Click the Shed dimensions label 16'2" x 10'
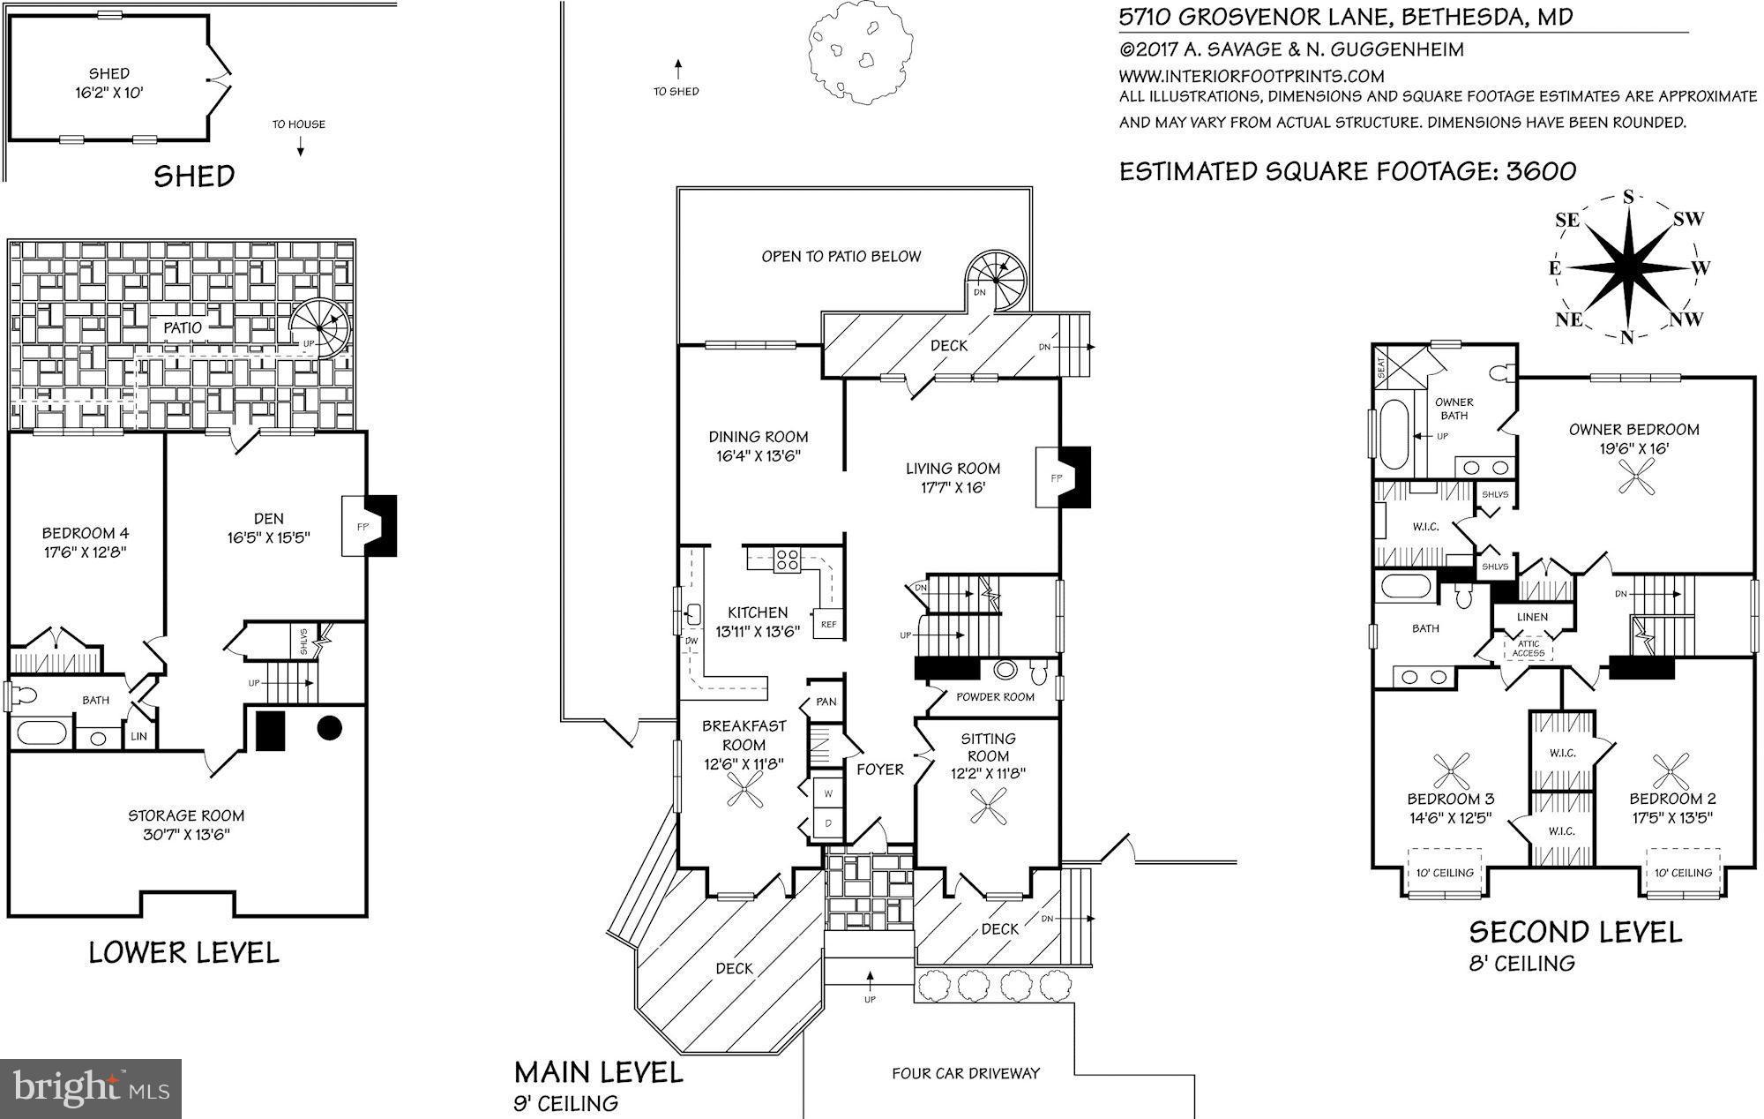tap(108, 92)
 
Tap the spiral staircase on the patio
tap(321, 327)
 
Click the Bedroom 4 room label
tap(85, 533)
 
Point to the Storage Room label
tap(185, 815)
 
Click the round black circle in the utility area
tap(329, 728)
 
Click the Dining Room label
tap(759, 437)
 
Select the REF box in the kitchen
tap(828, 624)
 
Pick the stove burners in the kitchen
tap(786, 559)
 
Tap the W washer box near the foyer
tap(827, 792)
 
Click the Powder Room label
tap(995, 697)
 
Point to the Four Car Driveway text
tap(965, 1073)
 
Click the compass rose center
tap(1628, 267)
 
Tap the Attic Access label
tap(1528, 649)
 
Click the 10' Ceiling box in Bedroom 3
tap(1444, 872)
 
